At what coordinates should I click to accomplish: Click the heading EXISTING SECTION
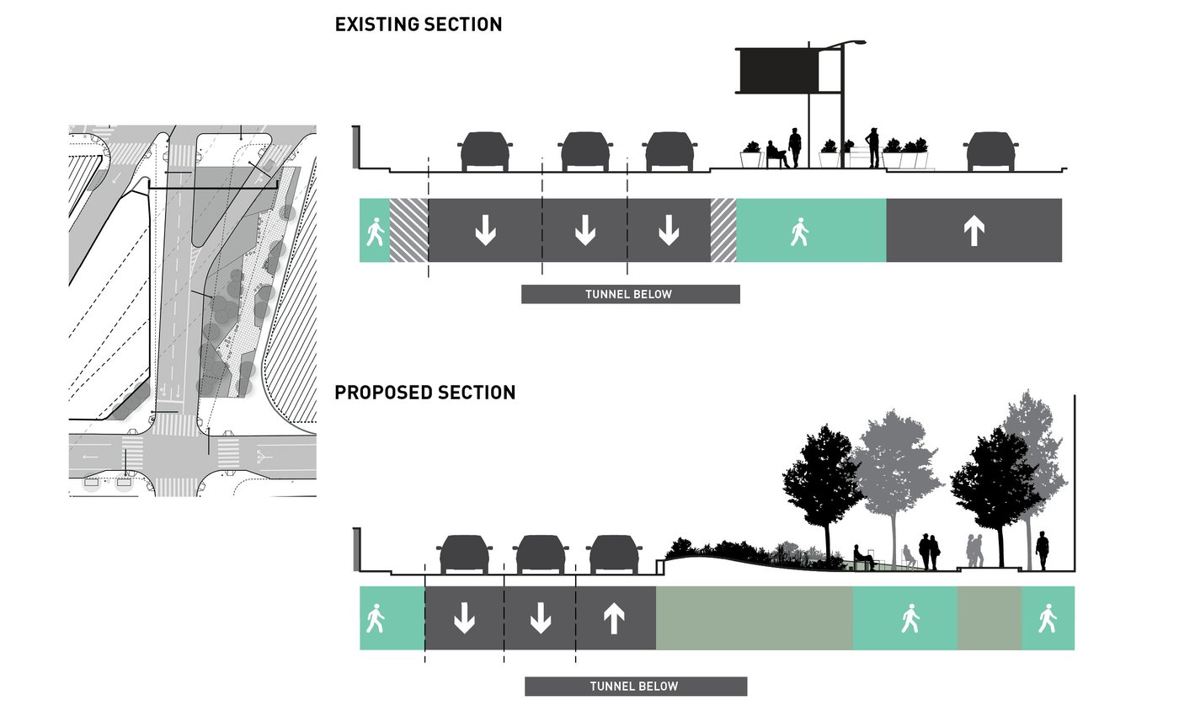pyautogui.click(x=419, y=24)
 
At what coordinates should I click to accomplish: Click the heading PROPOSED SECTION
pyautogui.click(x=425, y=393)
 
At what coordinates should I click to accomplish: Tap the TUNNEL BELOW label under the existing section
pyautogui.click(x=630, y=294)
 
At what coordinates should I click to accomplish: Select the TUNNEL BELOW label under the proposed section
pyautogui.click(x=635, y=686)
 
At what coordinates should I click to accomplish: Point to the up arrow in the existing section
pyautogui.click(x=974, y=230)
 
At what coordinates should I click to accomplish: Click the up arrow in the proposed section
pyautogui.click(x=614, y=618)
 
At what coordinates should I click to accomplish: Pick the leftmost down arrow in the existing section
pyautogui.click(x=485, y=230)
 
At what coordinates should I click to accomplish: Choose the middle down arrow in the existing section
pyautogui.click(x=584, y=230)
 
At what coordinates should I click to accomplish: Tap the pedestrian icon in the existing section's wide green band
pyautogui.click(x=799, y=231)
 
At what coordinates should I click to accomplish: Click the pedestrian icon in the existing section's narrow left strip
pyautogui.click(x=374, y=231)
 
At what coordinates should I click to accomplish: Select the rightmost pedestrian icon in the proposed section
pyautogui.click(x=1047, y=618)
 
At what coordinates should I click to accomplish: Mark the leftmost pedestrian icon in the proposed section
pyautogui.click(x=375, y=619)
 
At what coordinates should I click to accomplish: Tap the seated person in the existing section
pyautogui.click(x=776, y=154)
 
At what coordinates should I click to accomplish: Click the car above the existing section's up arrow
pyautogui.click(x=990, y=152)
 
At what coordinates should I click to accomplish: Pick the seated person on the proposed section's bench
pyautogui.click(x=862, y=556)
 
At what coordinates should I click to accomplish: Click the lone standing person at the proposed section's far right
pyautogui.click(x=1043, y=550)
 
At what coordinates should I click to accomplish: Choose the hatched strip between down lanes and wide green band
pyautogui.click(x=723, y=230)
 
